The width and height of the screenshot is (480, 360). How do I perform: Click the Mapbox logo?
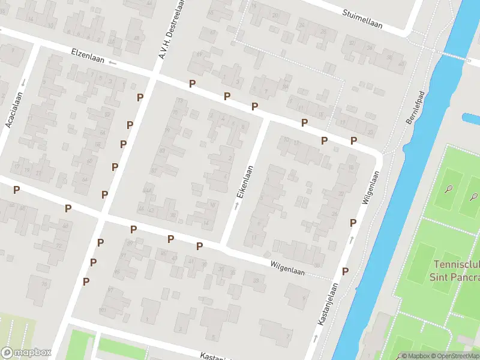coord(25,353)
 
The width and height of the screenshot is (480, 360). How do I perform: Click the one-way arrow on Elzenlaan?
coord(112,63)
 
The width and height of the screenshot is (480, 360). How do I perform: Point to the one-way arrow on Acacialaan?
coord(23,82)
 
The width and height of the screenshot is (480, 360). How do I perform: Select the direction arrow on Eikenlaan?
coord(236,206)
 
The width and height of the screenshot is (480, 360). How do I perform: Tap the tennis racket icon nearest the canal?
coord(449,190)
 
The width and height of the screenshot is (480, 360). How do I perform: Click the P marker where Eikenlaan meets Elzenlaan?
coord(254,106)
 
